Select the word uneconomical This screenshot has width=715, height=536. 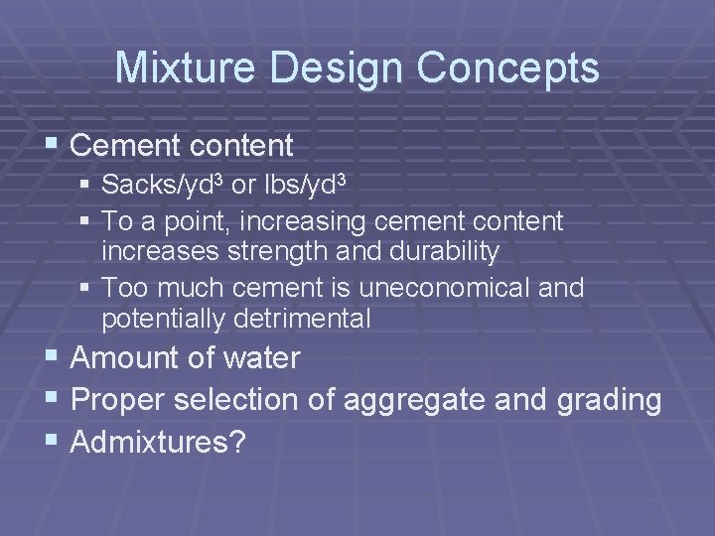(x=436, y=288)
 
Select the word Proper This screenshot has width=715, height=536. (x=119, y=400)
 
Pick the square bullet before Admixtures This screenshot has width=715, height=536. (x=55, y=443)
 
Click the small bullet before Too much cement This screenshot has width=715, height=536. (x=87, y=289)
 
